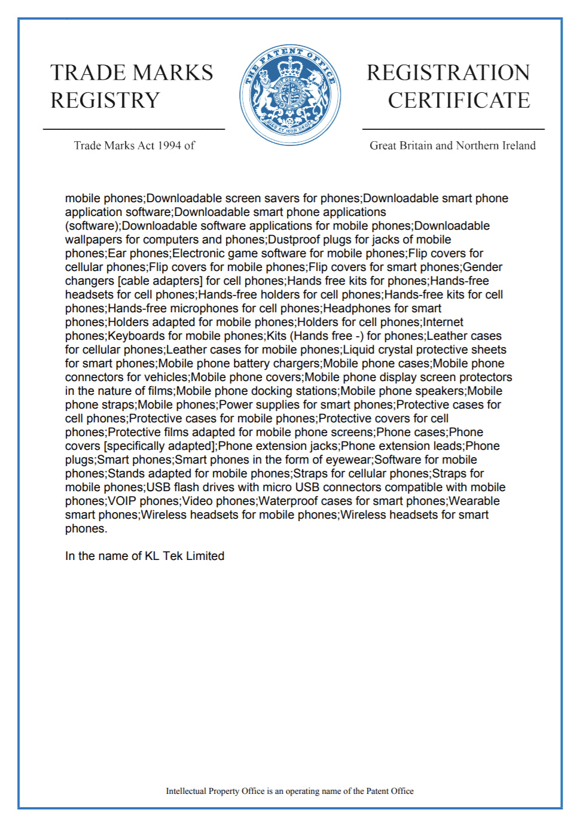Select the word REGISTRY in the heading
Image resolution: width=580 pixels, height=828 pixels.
105,100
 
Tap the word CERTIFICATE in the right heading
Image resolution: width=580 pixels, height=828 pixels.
459,100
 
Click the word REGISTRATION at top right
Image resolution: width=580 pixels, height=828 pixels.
448,72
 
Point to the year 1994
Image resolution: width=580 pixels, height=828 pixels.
169,145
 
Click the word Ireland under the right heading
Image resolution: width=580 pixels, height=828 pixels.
517,145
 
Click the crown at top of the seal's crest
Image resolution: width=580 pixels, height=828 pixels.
291,66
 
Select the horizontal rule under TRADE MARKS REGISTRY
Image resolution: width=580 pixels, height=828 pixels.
134,129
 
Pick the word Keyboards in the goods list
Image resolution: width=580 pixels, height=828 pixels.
135,336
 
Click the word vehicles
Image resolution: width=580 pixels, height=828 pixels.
166,378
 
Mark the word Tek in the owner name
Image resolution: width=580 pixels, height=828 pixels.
173,556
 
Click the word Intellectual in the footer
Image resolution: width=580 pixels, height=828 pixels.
186,791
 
